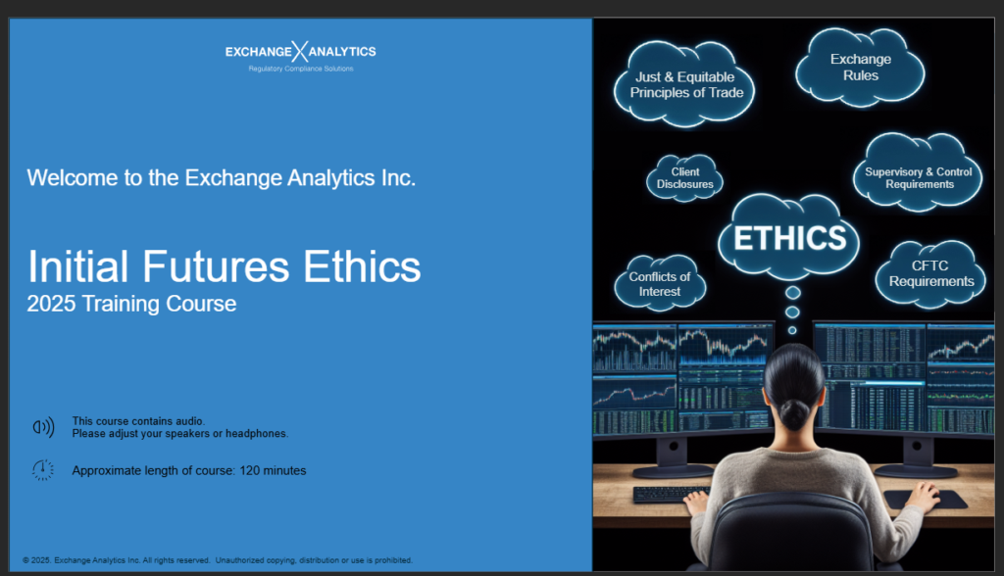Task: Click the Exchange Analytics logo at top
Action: [x=300, y=51]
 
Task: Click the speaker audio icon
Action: [x=43, y=426]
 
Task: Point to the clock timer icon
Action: [x=43, y=470]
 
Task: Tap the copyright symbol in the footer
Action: [x=26, y=560]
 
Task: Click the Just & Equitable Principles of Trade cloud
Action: [x=686, y=85]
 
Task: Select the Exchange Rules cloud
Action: [x=860, y=67]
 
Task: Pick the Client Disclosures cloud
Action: [x=685, y=178]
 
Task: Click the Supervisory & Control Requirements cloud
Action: [x=919, y=177]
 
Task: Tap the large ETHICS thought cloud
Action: [x=789, y=238]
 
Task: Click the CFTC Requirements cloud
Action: [x=930, y=273]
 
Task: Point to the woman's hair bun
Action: [x=793, y=411]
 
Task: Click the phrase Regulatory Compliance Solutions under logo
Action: [x=300, y=69]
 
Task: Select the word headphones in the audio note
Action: [x=258, y=433]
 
